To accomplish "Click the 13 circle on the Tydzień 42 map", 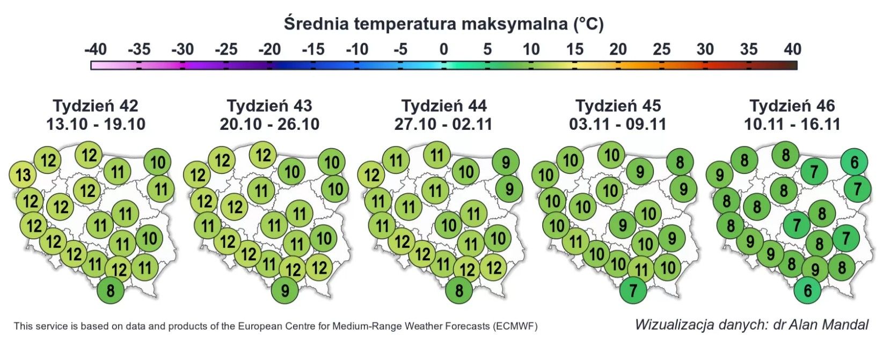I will pos(23,175).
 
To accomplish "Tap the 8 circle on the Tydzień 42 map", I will pos(111,291).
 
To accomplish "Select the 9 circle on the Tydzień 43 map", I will pos(285,291).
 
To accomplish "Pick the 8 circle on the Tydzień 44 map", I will pos(459,291).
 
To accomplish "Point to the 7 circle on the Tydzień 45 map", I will pos(633,291).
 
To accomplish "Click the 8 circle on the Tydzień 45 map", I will pos(680,162).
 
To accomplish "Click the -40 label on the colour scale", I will pos(96,50).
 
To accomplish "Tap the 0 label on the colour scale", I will pos(443,50).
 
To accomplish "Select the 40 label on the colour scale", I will pos(792,50).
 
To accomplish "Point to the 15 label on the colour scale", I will pos(574,50).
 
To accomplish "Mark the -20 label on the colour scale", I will pos(269,50).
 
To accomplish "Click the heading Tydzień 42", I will pos(96,106).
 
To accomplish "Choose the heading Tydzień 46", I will pos(792,106).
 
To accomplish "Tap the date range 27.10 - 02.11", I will pos(443,124).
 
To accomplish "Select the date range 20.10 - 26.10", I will pos(269,124).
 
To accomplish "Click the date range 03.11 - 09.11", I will pos(618,124).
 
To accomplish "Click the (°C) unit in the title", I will pos(588,24).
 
